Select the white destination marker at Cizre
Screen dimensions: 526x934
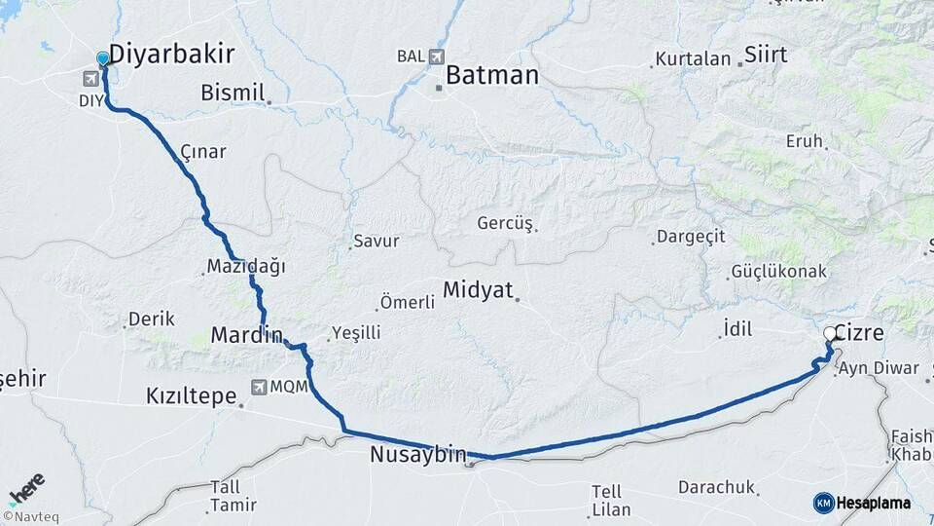tap(830, 334)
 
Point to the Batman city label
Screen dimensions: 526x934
tap(492, 75)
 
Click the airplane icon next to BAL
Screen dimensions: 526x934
tap(435, 56)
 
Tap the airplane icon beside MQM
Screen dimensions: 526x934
tap(258, 387)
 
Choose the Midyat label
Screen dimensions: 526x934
tap(477, 289)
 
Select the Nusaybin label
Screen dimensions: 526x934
tap(417, 454)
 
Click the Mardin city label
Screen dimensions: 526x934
tap(246, 336)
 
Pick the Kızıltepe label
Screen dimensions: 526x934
tap(191, 395)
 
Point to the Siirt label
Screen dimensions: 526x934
tap(766, 55)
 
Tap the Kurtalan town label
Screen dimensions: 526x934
tap(693, 59)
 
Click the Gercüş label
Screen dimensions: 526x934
tap(504, 224)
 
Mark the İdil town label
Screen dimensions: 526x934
tap(737, 329)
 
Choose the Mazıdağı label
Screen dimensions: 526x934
tap(245, 267)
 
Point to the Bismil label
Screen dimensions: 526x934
tap(233, 93)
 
